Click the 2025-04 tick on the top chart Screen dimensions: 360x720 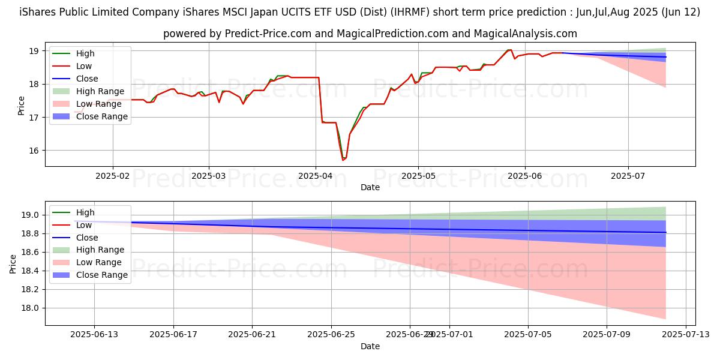click(x=316, y=175)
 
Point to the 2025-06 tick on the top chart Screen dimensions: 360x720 click(x=525, y=175)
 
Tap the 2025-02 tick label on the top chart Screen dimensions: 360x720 click(x=113, y=175)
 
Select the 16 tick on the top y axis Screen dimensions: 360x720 click(x=34, y=151)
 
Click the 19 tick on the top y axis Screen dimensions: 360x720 click(x=34, y=51)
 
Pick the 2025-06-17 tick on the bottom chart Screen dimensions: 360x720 click(x=173, y=334)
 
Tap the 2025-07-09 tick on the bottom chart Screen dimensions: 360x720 click(x=607, y=334)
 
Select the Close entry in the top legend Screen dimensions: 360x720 click(x=87, y=79)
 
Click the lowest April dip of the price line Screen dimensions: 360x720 click(x=343, y=160)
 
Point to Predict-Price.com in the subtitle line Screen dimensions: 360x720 click(x=263, y=34)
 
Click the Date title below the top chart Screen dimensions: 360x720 click(x=370, y=187)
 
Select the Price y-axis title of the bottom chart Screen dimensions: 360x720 click(x=13, y=263)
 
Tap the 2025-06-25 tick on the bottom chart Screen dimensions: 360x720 click(x=331, y=334)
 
